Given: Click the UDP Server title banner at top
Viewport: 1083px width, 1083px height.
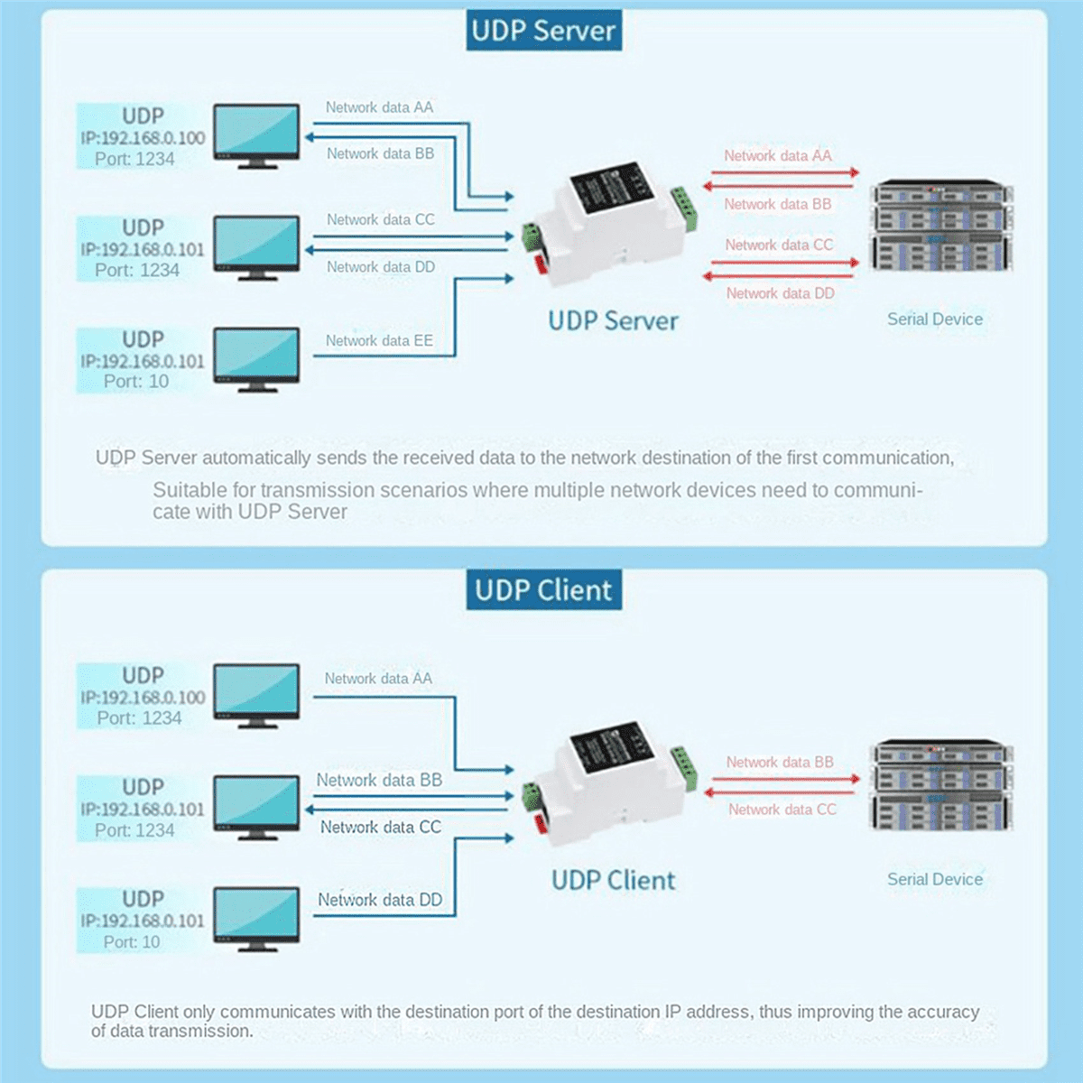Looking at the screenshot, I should tap(543, 31).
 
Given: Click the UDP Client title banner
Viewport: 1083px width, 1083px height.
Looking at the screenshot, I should tap(543, 590).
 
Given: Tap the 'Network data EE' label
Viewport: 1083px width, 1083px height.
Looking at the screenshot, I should tap(379, 340).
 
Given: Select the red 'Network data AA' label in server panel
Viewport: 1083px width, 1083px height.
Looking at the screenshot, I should tap(777, 155).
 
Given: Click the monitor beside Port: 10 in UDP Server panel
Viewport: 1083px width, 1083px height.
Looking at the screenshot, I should tap(256, 358).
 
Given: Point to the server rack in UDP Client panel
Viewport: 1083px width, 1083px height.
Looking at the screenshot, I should tap(941, 785).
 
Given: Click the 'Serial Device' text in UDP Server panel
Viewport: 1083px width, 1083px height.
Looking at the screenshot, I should tap(934, 319).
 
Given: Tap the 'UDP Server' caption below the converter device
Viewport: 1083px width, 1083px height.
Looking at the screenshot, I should tap(613, 320).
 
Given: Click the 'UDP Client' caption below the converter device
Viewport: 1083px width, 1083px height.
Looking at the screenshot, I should tap(613, 880).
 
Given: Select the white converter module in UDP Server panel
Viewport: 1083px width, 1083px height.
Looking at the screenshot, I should tap(606, 226).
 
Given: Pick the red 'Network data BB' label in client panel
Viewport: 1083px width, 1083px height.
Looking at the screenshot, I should tap(780, 762).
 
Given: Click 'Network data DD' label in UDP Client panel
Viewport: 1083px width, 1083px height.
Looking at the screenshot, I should tap(380, 900).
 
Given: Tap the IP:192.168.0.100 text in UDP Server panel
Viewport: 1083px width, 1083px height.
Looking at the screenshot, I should tap(143, 138).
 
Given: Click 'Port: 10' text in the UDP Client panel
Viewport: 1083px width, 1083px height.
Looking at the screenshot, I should tap(132, 941).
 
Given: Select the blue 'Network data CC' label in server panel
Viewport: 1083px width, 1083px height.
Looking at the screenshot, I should tap(380, 219).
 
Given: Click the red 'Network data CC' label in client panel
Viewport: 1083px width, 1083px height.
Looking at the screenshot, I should tap(782, 810).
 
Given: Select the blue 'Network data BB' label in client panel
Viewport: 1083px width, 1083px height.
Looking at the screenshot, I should tap(379, 780).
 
